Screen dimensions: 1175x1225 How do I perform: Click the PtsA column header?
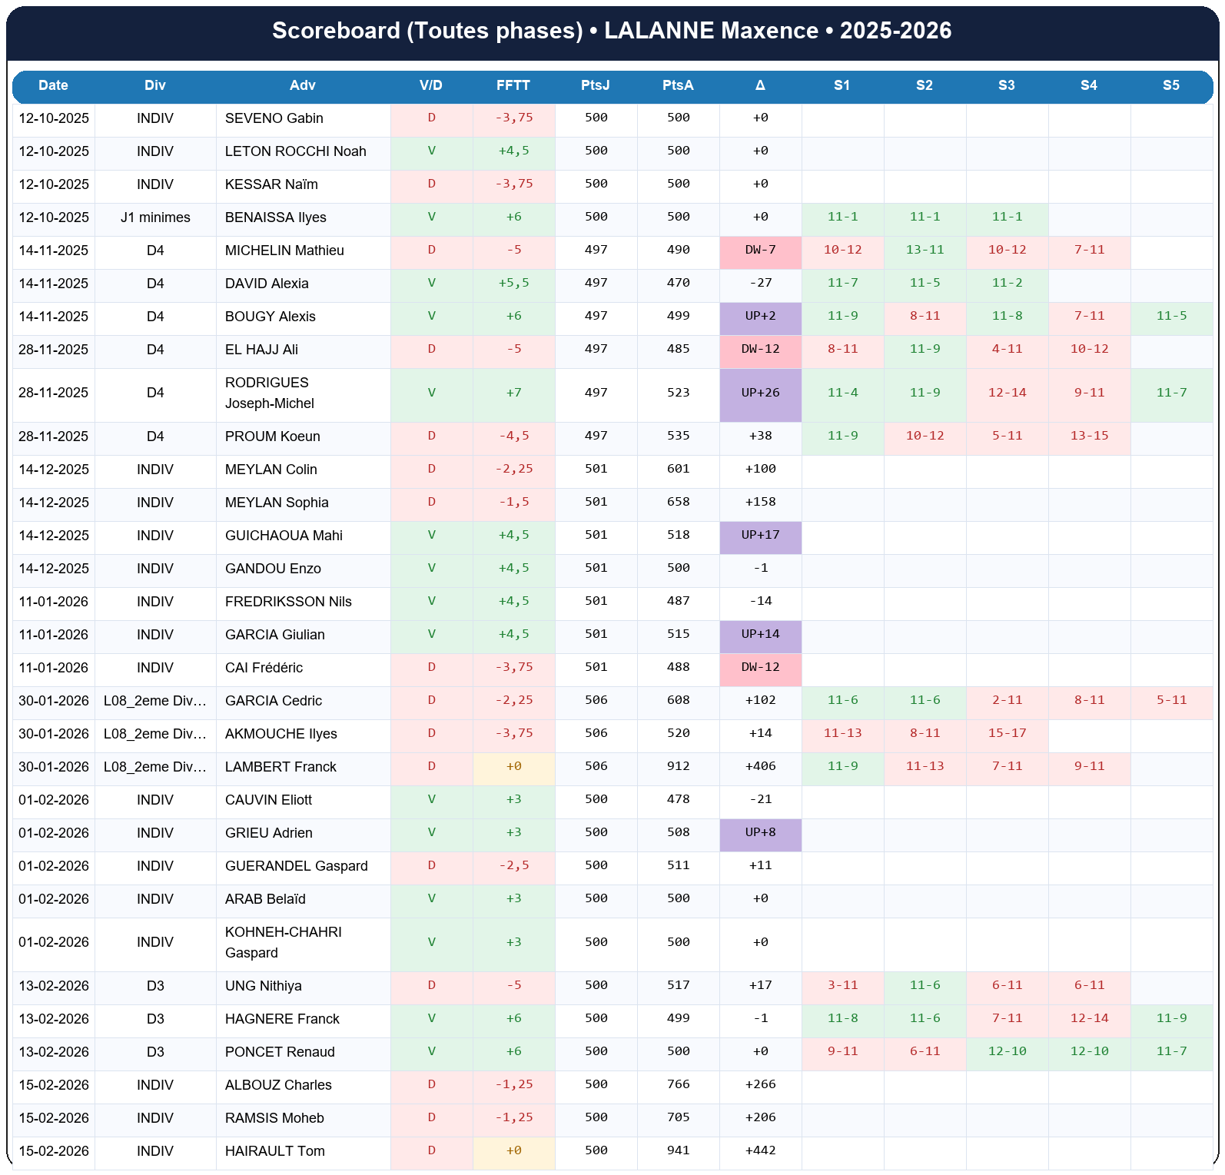point(678,85)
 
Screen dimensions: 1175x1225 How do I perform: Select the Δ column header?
point(760,85)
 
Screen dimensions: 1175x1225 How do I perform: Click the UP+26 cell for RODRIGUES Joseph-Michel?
point(760,393)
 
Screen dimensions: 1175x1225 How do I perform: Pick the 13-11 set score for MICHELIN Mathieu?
point(925,250)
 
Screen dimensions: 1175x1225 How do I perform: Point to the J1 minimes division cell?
point(155,217)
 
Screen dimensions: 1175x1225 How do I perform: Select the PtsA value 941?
point(678,1150)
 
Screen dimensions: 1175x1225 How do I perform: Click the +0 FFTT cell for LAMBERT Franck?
point(513,766)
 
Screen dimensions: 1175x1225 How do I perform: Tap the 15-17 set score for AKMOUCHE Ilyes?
point(1007,733)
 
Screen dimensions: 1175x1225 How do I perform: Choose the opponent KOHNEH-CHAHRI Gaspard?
point(283,942)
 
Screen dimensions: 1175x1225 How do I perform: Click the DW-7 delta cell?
point(760,250)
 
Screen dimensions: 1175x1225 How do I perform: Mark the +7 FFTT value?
point(513,393)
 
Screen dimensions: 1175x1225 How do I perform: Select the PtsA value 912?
point(678,766)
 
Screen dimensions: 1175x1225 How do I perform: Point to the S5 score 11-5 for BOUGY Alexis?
point(1171,316)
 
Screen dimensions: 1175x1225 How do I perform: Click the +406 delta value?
point(760,766)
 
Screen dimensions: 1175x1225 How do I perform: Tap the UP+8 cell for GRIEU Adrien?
point(760,832)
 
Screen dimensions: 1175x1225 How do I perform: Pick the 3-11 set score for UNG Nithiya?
point(842,985)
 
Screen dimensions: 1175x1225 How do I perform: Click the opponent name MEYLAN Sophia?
point(277,503)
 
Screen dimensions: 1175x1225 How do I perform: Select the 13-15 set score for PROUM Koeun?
point(1089,436)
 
